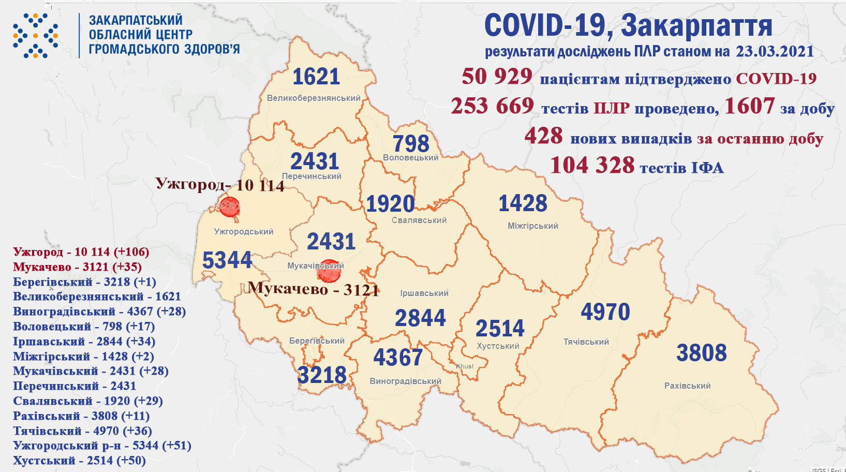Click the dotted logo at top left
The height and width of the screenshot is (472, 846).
coord(35,36)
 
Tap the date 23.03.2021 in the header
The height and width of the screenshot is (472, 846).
coord(775,52)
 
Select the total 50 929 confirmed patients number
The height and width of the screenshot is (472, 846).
coord(497,77)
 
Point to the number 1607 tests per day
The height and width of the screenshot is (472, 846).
coord(749,106)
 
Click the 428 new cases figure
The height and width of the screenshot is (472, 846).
coord(543,136)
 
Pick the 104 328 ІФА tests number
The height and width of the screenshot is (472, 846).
coord(592,166)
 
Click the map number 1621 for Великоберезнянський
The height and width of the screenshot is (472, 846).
coord(316,77)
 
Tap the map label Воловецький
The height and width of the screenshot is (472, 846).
coord(410,157)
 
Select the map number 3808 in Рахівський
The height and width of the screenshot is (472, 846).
coord(701,353)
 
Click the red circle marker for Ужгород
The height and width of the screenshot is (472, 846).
coord(229,207)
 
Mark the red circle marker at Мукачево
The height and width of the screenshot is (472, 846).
coord(329,271)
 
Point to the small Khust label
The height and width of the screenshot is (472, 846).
coord(465,366)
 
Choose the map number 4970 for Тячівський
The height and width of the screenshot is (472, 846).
coord(605,312)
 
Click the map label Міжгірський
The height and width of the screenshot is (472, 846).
coord(532,226)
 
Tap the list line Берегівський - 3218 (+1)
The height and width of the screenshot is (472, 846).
coord(84,282)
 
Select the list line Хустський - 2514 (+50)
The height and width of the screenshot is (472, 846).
coord(79,461)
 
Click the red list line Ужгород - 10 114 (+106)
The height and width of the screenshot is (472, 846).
coord(81,252)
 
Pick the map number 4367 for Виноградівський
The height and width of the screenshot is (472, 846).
coord(397,358)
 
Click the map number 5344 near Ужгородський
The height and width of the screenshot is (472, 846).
coord(227,260)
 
